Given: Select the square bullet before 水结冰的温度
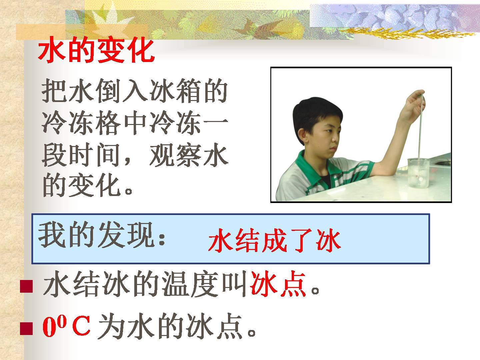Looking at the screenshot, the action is click(26, 286).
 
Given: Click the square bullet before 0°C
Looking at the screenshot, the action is click(26, 328).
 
